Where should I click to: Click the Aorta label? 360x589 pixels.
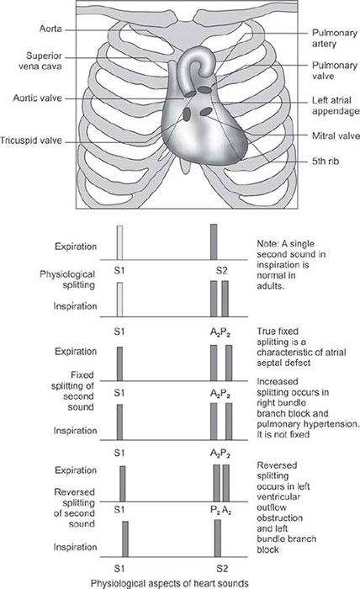(50, 29)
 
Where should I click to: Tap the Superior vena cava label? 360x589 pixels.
(41, 61)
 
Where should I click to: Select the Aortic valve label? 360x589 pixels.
(38, 98)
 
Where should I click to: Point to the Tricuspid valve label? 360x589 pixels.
(31, 141)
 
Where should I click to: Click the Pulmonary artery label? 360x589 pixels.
(335, 39)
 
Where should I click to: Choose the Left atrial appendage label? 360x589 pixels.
(336, 106)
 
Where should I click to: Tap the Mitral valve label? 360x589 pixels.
(336, 136)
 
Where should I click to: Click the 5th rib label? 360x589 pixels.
(326, 162)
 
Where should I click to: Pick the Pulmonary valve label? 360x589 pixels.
(335, 71)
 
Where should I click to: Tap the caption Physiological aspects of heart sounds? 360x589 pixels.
(170, 583)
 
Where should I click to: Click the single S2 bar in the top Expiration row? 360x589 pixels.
(214, 242)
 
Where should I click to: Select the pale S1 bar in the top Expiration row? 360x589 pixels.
(119, 242)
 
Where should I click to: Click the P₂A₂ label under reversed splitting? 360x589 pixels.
(220, 511)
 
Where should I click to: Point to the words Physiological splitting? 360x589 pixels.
(67, 279)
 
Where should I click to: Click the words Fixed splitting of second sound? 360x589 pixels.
(73, 391)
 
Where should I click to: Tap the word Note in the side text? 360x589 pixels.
(266, 244)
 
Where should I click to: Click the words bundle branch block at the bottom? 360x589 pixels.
(287, 544)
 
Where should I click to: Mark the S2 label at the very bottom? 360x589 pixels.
(222, 568)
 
